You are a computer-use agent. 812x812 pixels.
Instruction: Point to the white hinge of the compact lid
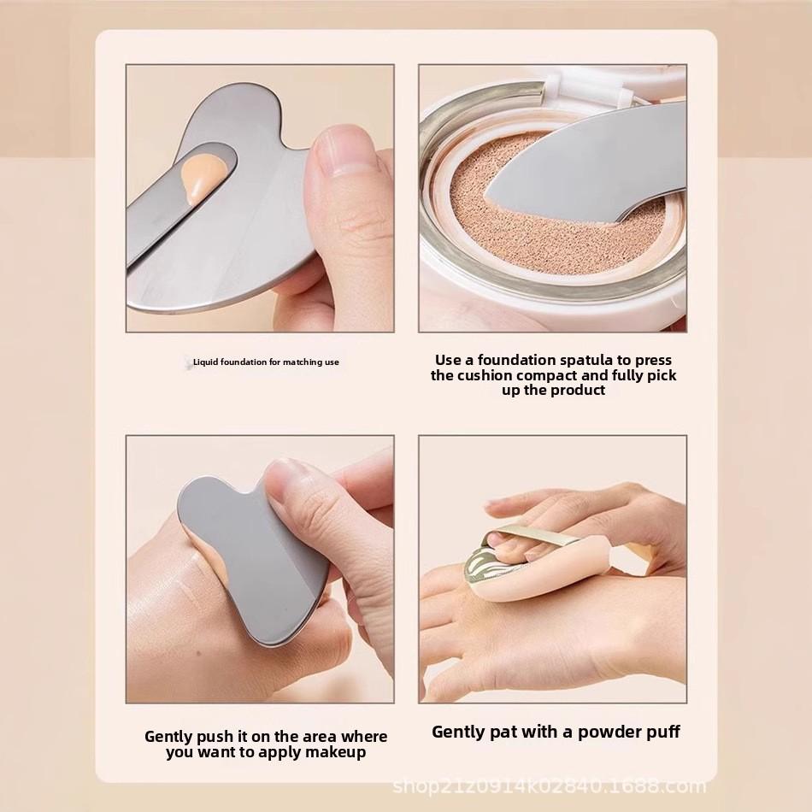(x=590, y=82)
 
